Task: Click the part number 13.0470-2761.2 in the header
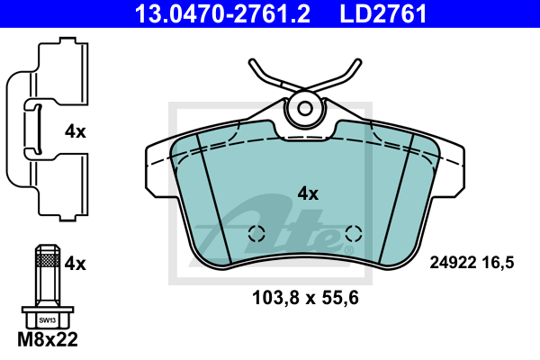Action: (222, 13)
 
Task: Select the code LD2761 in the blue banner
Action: (383, 13)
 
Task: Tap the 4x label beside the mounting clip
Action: (76, 131)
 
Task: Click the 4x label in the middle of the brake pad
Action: (308, 193)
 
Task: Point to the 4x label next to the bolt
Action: (76, 264)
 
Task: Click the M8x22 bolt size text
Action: (48, 339)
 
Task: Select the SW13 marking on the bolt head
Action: (47, 320)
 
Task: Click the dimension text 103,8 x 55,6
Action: (305, 298)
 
